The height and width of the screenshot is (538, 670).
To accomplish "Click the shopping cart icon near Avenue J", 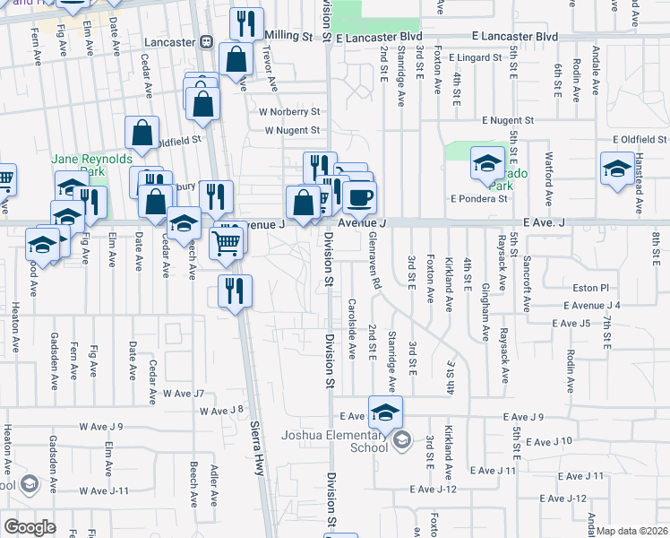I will [x=228, y=241].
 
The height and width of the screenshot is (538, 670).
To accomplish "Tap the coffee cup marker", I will [x=359, y=196].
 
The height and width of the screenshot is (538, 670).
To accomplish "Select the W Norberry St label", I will [x=289, y=112].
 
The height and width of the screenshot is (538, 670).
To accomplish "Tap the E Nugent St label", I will [x=507, y=119].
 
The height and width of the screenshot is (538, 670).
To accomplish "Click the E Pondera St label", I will [x=479, y=198].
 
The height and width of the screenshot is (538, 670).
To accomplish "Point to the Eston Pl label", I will [x=591, y=288].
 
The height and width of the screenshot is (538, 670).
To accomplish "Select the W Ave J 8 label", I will [x=221, y=410].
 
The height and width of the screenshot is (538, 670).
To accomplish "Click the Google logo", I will [x=30, y=526].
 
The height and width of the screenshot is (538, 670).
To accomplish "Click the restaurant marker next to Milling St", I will [x=245, y=23].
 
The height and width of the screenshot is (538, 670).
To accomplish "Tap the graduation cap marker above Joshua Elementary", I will [x=385, y=412].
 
